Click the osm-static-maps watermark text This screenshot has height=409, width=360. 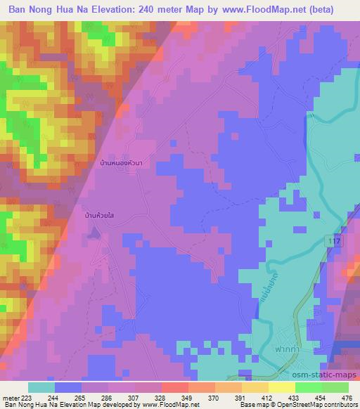tap(327, 372)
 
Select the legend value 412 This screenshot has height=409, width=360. tap(266, 398)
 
